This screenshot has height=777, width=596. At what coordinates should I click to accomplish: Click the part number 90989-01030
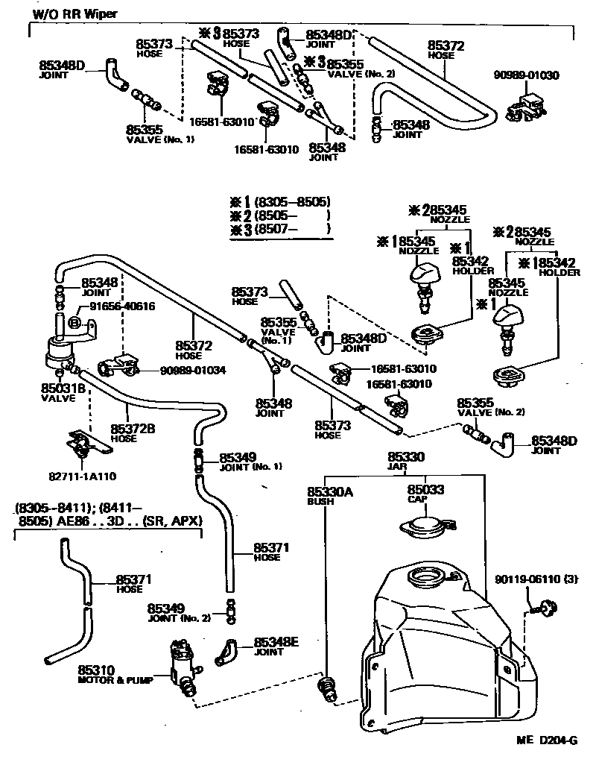click(527, 75)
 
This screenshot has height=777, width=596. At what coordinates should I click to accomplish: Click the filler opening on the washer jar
click(425, 578)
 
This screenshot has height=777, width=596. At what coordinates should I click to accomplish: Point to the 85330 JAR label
click(406, 460)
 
